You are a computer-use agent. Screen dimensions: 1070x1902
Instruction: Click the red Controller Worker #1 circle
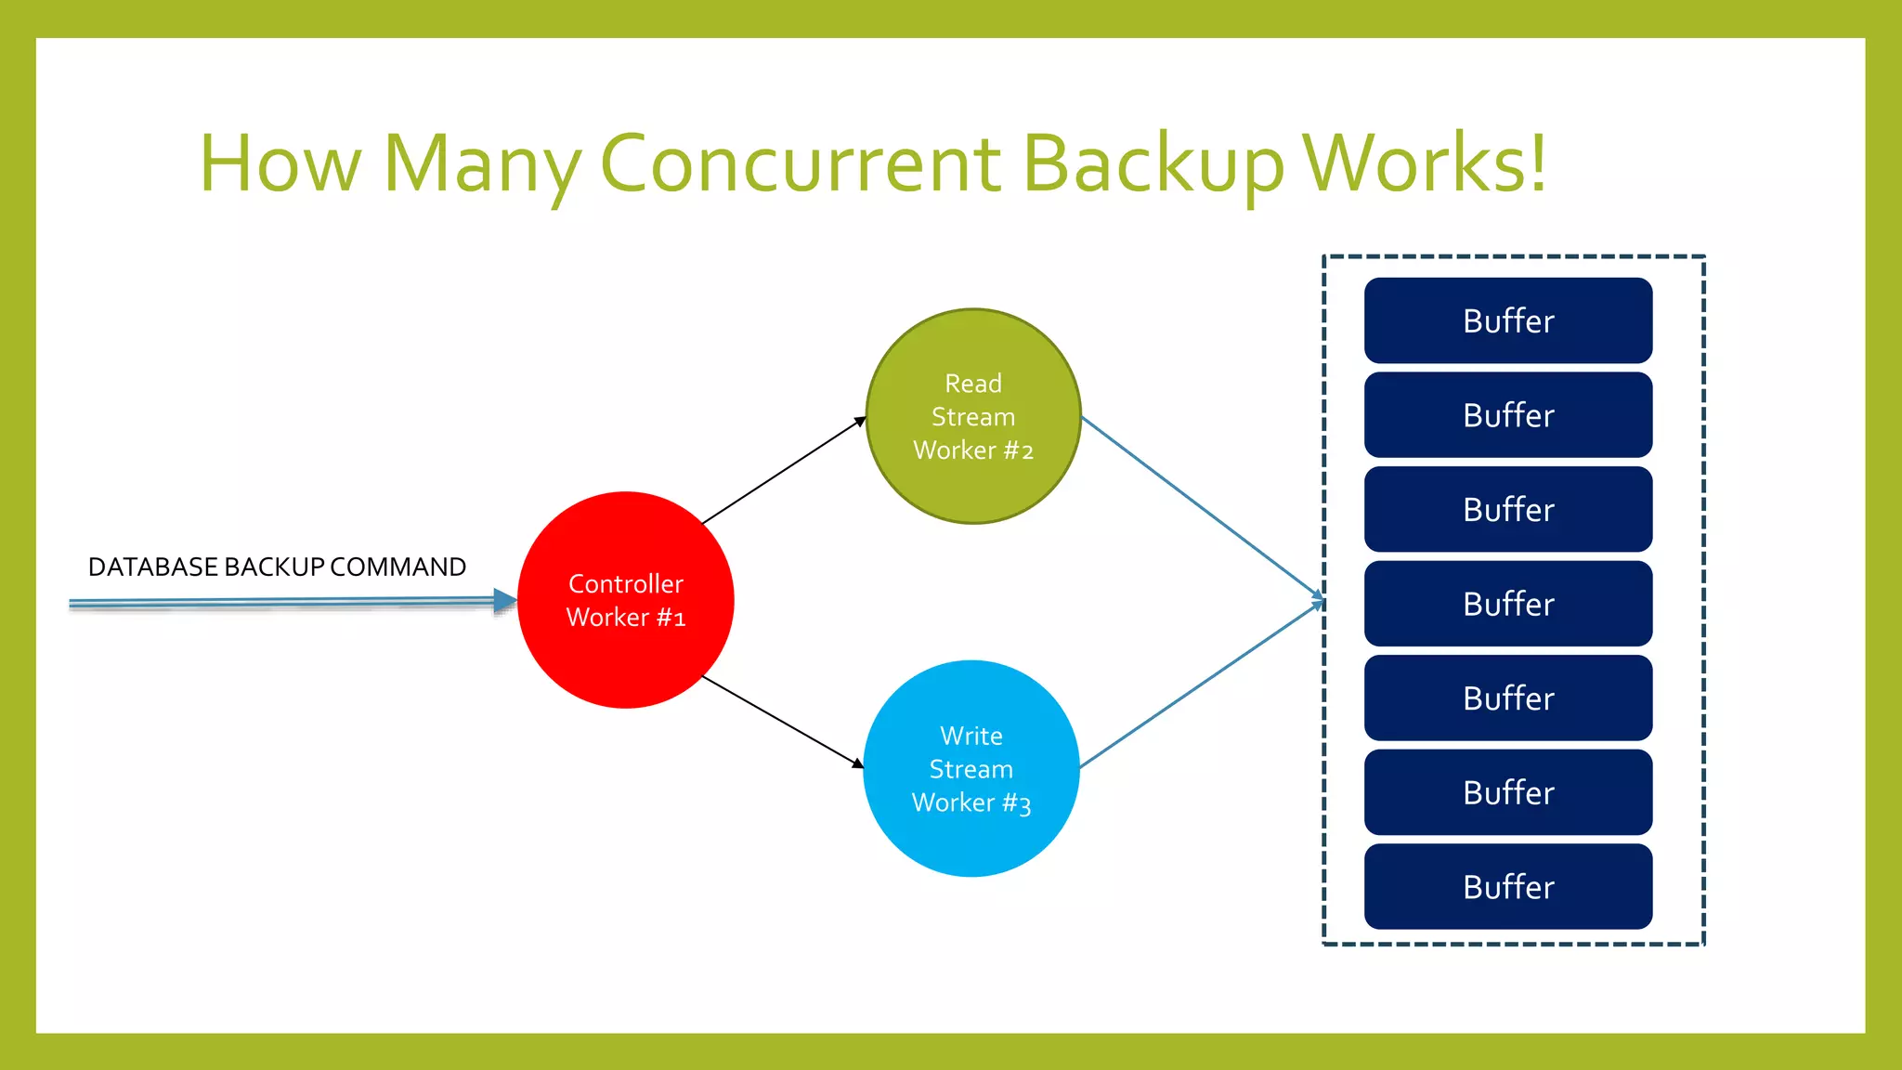(626, 600)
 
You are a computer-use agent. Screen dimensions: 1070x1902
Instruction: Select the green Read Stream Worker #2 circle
(973, 416)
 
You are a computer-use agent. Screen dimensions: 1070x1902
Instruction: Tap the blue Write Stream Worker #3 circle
(971, 769)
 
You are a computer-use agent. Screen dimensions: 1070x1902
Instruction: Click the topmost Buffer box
(1508, 320)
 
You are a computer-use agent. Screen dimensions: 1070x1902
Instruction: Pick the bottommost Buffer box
(1508, 887)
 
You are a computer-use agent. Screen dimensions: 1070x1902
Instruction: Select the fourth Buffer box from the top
(1508, 604)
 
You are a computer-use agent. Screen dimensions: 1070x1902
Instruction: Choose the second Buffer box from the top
(1508, 415)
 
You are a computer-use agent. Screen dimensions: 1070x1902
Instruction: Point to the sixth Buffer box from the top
(1508, 792)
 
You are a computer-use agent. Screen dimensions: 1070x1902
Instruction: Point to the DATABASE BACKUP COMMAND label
(277, 567)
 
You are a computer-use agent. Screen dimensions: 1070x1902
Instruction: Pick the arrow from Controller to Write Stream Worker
(782, 722)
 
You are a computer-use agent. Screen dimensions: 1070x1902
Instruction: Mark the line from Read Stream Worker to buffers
(1203, 506)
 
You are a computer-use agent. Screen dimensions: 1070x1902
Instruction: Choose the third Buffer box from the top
(1508, 509)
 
